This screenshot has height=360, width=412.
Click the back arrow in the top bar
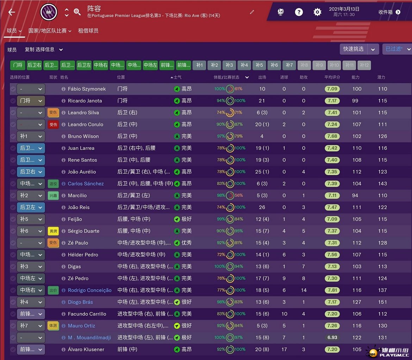(12, 12)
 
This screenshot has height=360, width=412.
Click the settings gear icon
(317, 12)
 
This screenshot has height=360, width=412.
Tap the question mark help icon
(299, 12)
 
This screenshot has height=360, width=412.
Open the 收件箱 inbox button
(389, 12)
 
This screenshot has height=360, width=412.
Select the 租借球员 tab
(88, 31)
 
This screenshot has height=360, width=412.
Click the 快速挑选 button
(354, 49)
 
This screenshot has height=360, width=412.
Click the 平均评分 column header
(332, 77)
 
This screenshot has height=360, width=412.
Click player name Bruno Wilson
(83, 136)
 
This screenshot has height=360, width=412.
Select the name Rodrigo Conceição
(89, 290)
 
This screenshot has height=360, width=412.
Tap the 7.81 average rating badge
(332, 290)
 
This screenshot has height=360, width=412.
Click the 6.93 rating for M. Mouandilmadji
(332, 337)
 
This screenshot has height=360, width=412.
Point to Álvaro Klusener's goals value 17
(284, 349)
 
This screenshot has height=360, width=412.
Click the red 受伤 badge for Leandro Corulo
(53, 124)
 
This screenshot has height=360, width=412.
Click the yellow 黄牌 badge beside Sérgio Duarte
(53, 231)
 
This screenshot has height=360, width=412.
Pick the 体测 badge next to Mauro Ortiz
(53, 326)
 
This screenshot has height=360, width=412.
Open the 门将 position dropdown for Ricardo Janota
(31, 101)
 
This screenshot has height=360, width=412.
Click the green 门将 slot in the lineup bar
(18, 65)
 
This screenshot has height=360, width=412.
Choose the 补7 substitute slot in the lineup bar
(289, 65)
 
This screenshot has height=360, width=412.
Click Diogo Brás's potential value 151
(382, 302)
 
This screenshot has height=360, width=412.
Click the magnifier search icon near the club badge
(77, 12)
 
